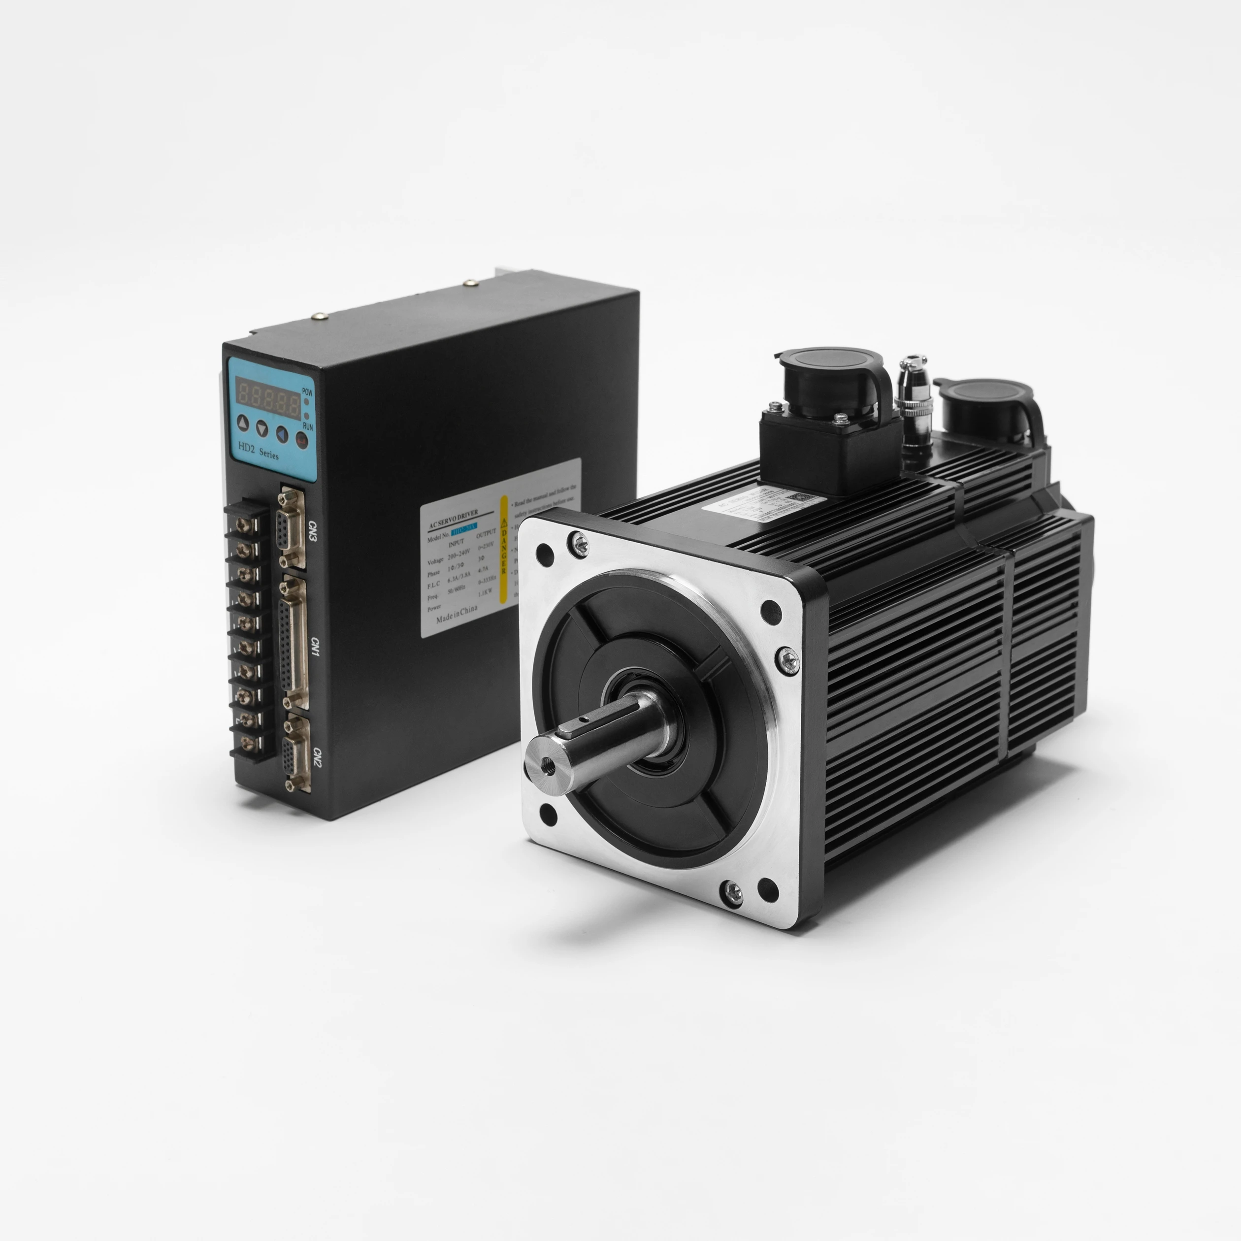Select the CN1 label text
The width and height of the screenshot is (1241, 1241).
pos(314,647)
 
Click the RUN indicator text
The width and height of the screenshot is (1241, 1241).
pos(308,426)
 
